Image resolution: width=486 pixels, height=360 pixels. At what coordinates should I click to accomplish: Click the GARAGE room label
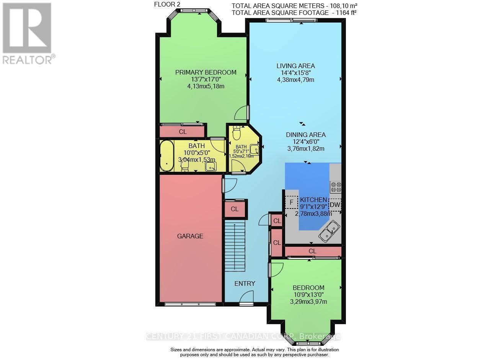click(190, 236)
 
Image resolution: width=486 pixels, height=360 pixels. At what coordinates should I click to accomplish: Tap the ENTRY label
click(245, 283)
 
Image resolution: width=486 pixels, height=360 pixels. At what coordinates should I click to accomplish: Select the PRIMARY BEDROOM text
click(206, 72)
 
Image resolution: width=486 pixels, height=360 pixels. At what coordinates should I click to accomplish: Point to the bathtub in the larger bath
click(167, 156)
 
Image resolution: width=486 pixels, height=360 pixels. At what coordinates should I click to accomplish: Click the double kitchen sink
click(329, 231)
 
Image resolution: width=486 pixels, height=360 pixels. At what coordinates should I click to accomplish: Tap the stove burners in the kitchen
click(336, 187)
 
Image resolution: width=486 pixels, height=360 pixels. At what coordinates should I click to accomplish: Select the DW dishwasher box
click(335, 205)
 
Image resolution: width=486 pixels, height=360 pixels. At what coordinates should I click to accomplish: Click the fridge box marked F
click(292, 202)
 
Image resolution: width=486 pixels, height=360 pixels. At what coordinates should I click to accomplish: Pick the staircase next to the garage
click(235, 245)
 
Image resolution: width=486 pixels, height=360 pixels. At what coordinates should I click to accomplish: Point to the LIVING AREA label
click(295, 66)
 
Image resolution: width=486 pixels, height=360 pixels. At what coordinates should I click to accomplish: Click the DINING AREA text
click(306, 135)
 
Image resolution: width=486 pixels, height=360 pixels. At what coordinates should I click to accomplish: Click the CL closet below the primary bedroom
click(183, 132)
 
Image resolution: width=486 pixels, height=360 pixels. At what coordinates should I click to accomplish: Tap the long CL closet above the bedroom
click(313, 251)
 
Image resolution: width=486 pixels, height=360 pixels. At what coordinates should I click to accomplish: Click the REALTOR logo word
click(28, 60)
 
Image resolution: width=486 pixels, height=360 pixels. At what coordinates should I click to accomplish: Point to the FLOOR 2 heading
click(167, 4)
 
